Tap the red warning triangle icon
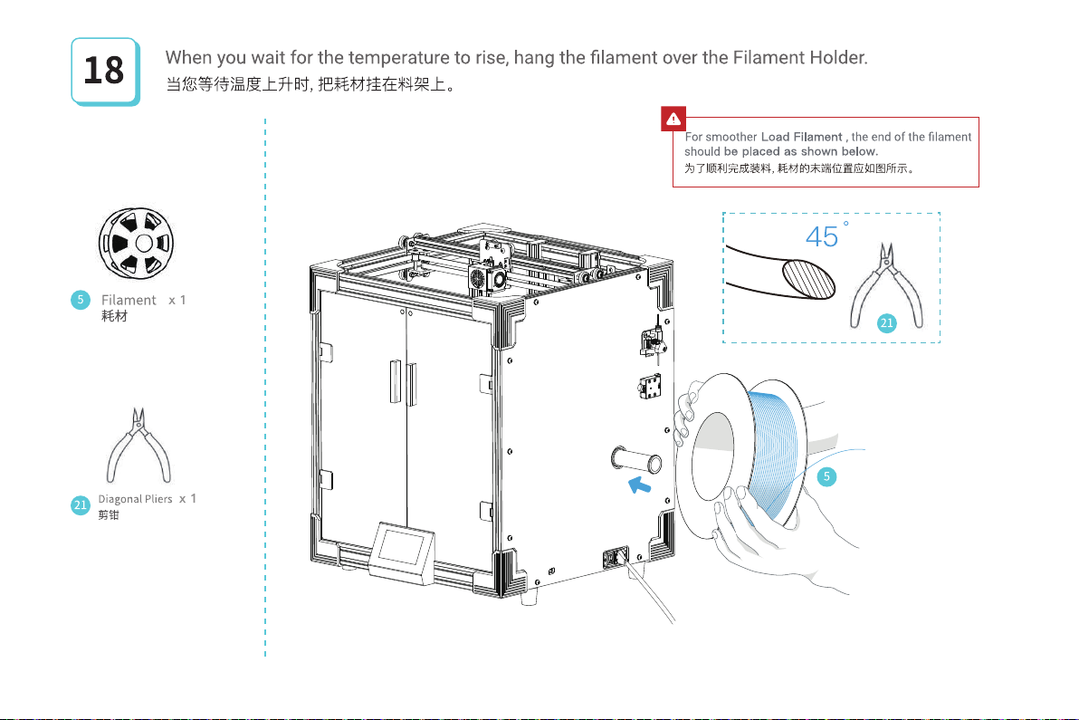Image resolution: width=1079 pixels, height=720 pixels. click(673, 118)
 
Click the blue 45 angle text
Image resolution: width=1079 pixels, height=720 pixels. click(822, 237)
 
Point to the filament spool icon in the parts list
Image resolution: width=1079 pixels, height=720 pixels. click(136, 244)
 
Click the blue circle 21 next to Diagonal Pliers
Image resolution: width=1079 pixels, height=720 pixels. click(81, 505)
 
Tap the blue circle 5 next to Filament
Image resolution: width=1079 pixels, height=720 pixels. click(80, 300)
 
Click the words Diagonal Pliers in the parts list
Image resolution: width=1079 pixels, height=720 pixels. click(135, 499)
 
